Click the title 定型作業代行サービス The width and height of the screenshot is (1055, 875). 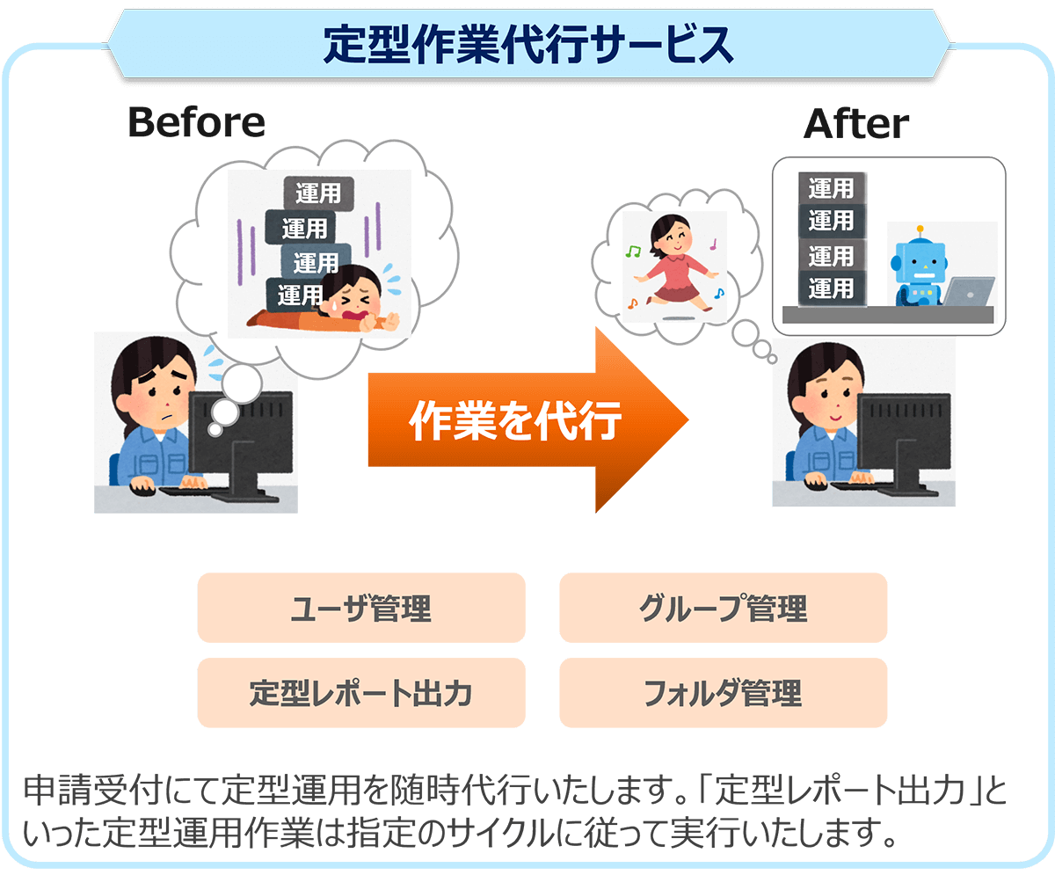point(528,45)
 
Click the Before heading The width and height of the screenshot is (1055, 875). point(197,122)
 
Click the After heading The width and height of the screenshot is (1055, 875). point(856,123)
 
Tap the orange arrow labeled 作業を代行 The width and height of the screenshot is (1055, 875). point(528,419)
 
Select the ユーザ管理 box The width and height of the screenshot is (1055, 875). point(361,608)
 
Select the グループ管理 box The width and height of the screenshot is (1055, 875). point(723,608)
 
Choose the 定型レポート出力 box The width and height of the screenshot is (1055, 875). point(361,692)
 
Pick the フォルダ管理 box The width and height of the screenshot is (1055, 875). point(723,692)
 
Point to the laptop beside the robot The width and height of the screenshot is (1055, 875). point(969,291)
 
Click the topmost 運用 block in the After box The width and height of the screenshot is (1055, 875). point(832,188)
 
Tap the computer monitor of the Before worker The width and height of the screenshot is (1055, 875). point(241,445)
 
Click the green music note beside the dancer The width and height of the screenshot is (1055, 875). point(633,252)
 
